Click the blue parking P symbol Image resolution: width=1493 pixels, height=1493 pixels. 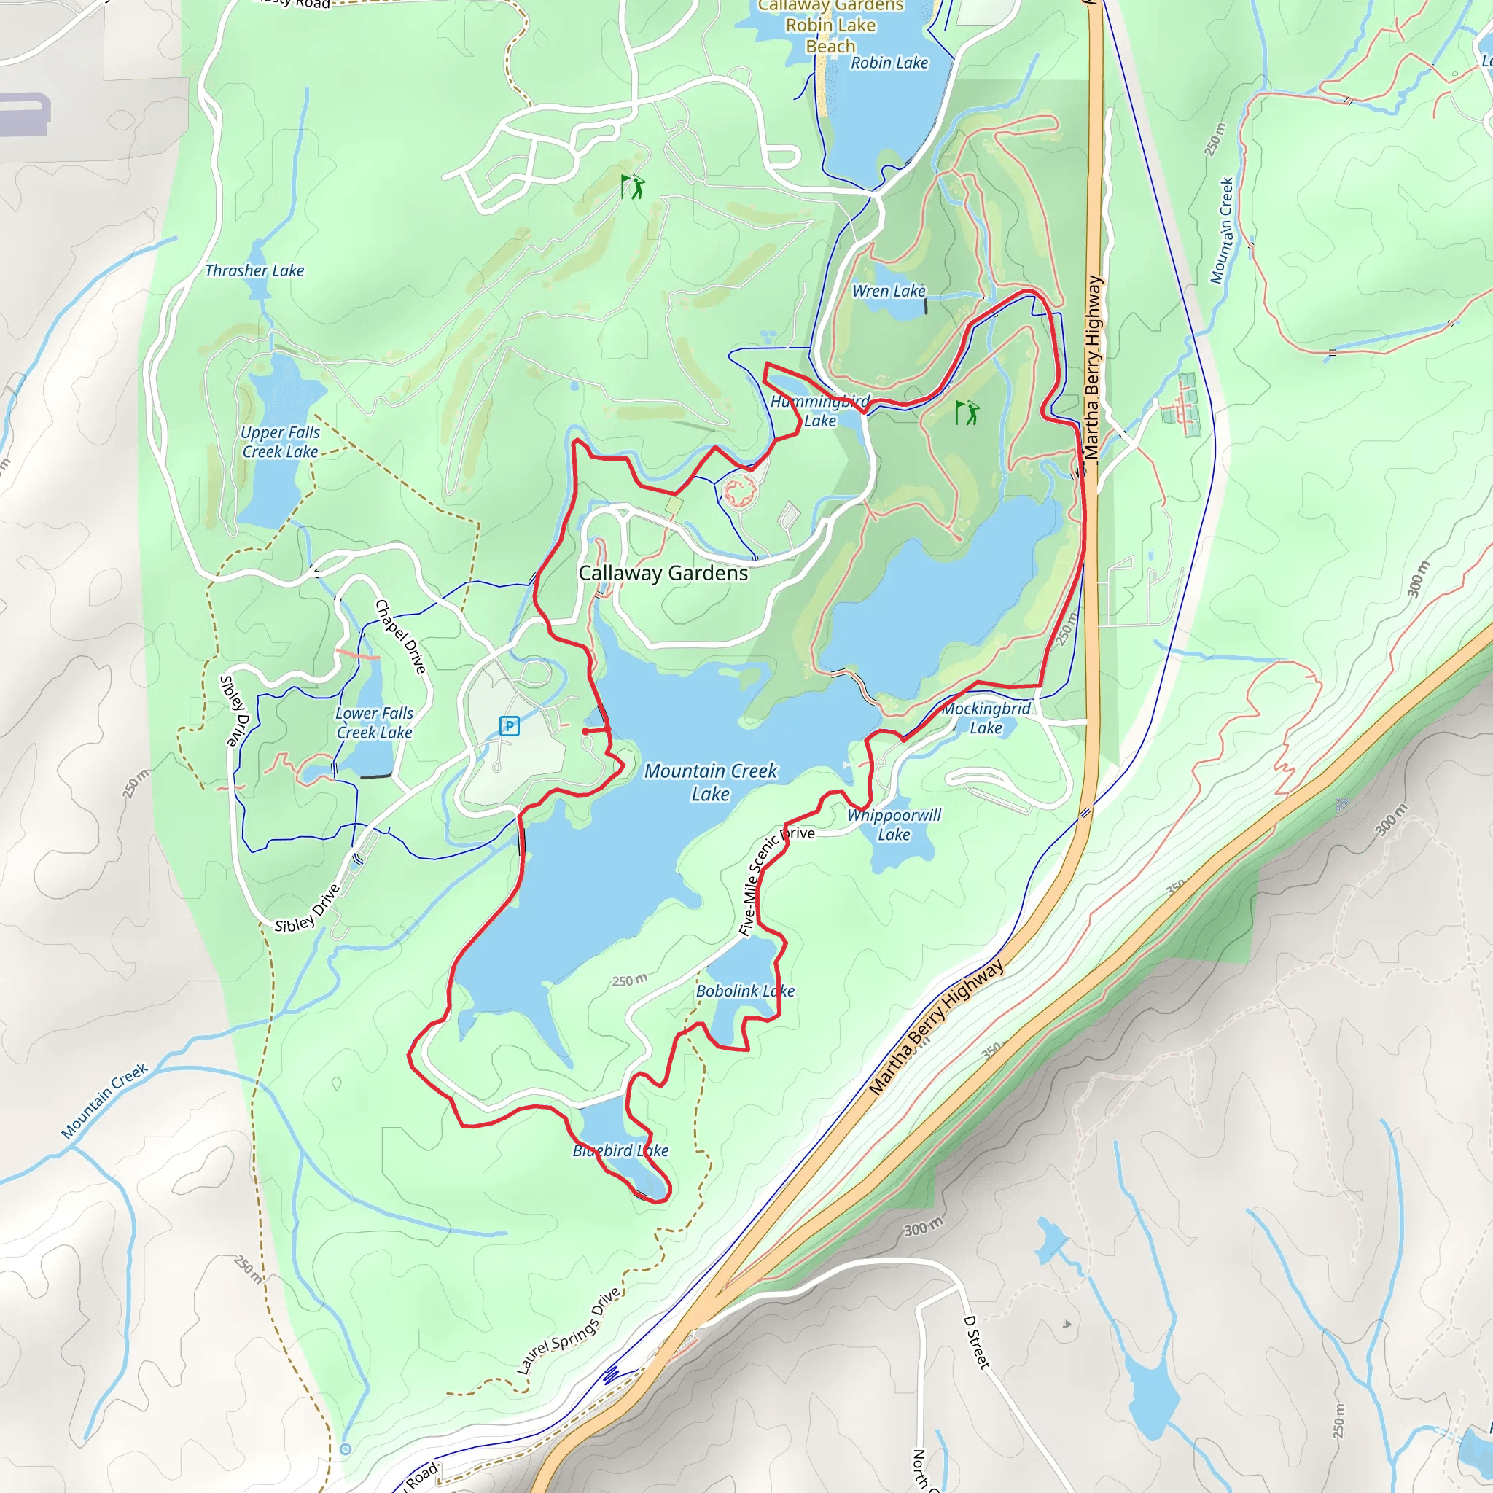(x=509, y=725)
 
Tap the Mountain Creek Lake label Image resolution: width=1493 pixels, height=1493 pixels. (x=710, y=782)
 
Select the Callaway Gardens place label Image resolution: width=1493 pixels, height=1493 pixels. (x=663, y=574)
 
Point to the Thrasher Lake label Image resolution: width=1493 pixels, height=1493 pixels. (x=254, y=270)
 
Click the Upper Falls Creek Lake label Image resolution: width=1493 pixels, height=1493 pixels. (x=280, y=442)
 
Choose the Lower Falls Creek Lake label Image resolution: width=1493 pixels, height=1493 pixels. (x=374, y=722)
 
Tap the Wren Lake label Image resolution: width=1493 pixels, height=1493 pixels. (x=889, y=292)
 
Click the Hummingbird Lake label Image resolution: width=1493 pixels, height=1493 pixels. (x=820, y=411)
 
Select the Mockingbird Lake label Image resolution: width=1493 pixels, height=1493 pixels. (x=986, y=718)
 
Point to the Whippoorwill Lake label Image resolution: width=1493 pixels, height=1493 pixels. (x=894, y=825)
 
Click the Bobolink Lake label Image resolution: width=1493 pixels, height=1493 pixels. (x=745, y=991)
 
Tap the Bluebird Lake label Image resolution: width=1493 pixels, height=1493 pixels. (x=620, y=1150)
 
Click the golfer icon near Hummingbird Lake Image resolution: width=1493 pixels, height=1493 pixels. (x=967, y=413)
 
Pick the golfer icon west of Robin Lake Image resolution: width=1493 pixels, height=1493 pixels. (x=632, y=186)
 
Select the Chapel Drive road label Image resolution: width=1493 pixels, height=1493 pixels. (x=400, y=636)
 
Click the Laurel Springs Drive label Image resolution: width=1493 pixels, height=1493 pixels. (x=569, y=1330)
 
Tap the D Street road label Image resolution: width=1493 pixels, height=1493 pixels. (x=976, y=1342)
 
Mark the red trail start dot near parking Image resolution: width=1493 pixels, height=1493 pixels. (x=585, y=731)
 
